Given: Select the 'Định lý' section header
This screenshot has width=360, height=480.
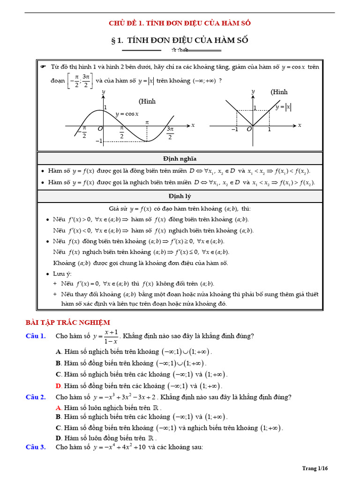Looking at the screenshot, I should click(180, 196).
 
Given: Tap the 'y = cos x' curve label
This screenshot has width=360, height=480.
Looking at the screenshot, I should click(127, 114).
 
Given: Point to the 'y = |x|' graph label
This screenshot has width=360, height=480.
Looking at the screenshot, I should click(283, 107).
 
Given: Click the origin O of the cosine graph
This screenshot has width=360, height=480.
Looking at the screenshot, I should click(100, 128).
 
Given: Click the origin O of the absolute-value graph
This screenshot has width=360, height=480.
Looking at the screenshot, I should click(249, 129).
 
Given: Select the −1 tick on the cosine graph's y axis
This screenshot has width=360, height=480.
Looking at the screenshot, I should click(98, 141).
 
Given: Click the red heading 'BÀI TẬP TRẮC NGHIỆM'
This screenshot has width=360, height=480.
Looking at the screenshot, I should click(67, 322).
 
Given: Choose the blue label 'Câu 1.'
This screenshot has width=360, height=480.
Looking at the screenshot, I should click(36, 336).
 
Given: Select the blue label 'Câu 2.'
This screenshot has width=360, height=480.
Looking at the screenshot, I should click(36, 397).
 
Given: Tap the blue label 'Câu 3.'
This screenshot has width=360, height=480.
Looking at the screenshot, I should click(36, 447).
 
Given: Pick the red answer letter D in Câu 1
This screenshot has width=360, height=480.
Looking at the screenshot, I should click(59, 386).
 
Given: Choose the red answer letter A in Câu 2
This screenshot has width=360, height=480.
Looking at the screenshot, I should click(59, 408).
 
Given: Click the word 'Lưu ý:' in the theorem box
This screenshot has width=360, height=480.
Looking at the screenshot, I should click(62, 274).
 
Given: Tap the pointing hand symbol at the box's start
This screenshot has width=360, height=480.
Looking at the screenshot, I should click(43, 67).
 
